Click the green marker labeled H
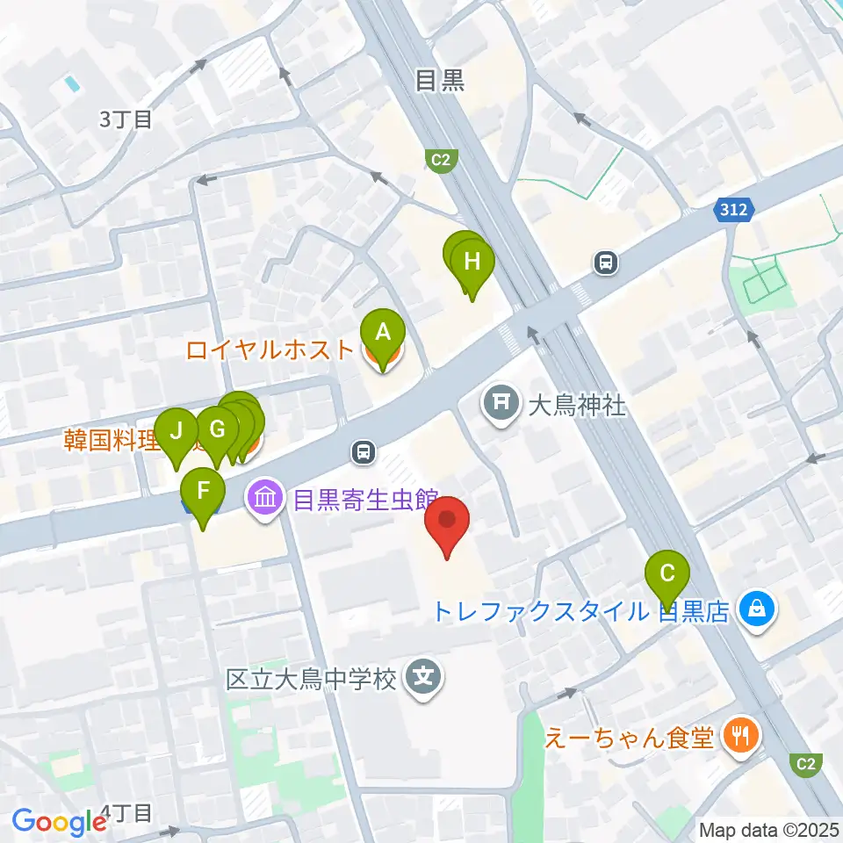point(472,262)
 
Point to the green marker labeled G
point(217,430)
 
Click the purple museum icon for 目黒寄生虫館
point(266,500)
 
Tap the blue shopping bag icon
point(755,608)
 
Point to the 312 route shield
point(731,210)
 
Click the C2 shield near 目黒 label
point(441,160)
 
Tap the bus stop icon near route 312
point(605,261)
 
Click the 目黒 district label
point(439,82)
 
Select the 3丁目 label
point(126,120)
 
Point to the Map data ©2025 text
point(767,829)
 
